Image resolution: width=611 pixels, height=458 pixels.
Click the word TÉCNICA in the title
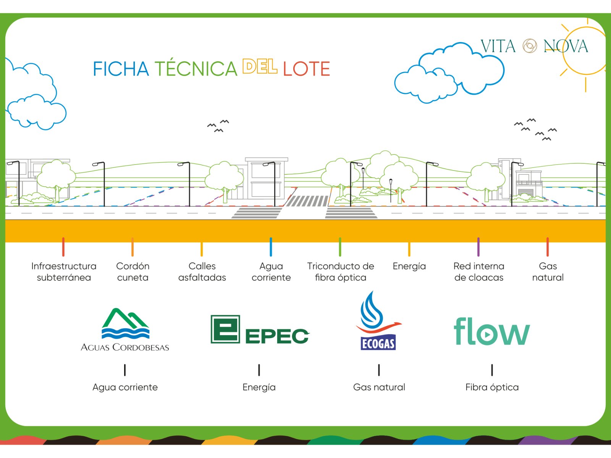pos(196,69)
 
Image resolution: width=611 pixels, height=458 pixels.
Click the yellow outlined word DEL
pos(260,67)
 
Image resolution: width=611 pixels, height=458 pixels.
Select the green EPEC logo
pos(260,330)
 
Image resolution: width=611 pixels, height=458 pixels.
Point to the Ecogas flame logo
pos(378,321)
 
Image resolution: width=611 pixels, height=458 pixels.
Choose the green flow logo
pos(492,331)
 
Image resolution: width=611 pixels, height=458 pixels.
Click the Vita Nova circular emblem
pos(530,46)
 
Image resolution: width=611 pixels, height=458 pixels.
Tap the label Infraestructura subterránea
pos(64,272)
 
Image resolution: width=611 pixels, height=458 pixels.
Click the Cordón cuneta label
pos(133,272)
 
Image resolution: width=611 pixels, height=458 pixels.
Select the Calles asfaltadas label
pos(202,272)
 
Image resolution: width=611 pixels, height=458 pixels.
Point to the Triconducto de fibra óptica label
pos(341,272)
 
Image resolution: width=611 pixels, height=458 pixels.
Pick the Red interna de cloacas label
pos(479,272)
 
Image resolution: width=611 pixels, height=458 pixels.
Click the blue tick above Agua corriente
pos(271,247)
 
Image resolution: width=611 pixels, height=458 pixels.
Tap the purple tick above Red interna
pos(478,247)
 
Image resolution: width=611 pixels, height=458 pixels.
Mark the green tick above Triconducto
pos(340,247)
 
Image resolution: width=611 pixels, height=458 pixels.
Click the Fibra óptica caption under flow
pos(492,387)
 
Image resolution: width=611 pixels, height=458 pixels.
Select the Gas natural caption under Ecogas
pos(379,387)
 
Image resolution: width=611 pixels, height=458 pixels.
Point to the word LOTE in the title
pos(306,69)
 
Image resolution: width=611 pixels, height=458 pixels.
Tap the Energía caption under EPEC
pos(259,387)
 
